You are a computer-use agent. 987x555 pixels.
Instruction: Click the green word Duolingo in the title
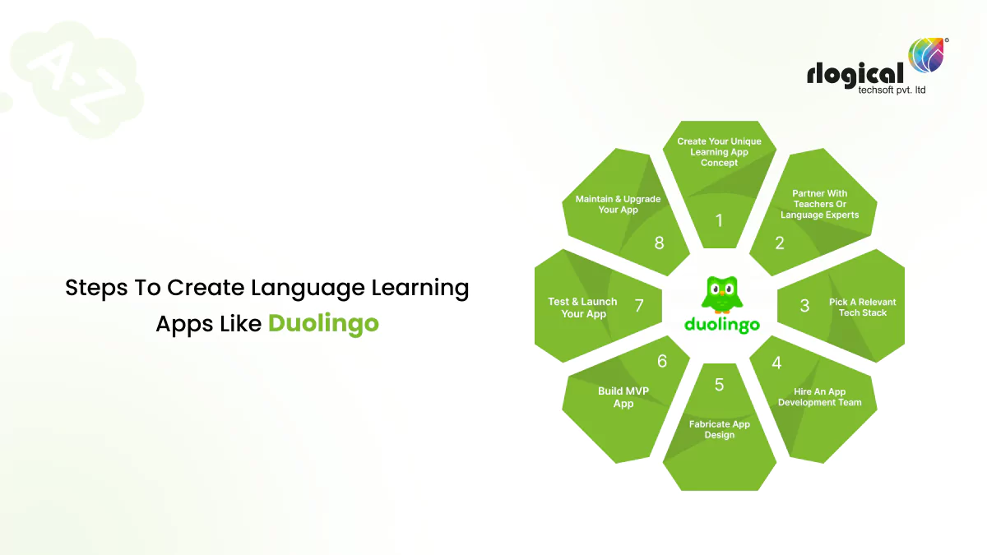click(x=323, y=323)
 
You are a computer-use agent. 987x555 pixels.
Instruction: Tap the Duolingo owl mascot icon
click(x=721, y=294)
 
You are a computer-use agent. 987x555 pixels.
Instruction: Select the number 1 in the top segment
click(x=720, y=220)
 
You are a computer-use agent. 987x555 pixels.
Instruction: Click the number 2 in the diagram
click(x=780, y=243)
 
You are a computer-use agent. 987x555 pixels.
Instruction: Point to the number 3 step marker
click(x=804, y=305)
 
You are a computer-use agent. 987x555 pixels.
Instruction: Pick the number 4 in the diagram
click(x=776, y=363)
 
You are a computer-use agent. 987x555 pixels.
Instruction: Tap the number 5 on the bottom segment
click(x=720, y=385)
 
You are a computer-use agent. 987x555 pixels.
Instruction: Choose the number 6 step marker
click(x=662, y=361)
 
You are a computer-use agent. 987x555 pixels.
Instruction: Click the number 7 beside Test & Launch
click(x=639, y=306)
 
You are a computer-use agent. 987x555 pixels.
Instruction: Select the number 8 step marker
click(x=659, y=243)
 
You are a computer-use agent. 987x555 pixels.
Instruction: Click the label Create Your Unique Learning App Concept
click(x=720, y=152)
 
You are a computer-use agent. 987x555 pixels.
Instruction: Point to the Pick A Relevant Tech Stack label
click(x=862, y=308)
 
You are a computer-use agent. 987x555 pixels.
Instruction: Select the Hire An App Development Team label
click(x=819, y=397)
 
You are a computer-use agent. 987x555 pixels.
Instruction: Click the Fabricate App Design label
click(x=720, y=429)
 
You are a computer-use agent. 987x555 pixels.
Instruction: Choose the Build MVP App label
click(x=623, y=397)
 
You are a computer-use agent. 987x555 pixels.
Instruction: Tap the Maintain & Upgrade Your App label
click(x=618, y=204)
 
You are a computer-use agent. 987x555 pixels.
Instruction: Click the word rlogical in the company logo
click(x=855, y=74)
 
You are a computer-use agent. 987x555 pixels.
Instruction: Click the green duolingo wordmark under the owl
click(x=721, y=324)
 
